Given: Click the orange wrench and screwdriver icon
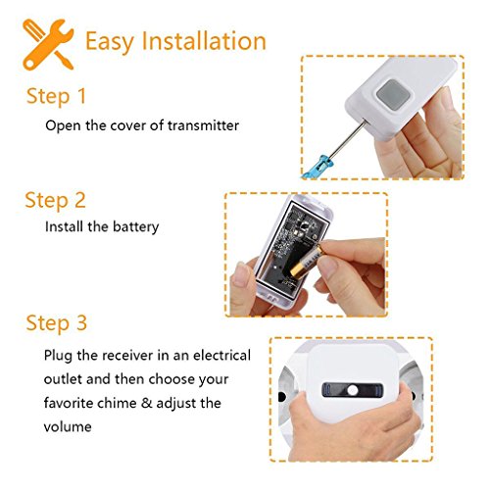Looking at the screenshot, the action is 48,44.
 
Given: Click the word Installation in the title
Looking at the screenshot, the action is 204,41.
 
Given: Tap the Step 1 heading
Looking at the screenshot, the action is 56,97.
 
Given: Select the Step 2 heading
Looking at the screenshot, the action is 56,201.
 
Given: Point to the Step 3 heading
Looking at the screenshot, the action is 57,323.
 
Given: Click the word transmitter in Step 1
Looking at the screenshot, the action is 203,125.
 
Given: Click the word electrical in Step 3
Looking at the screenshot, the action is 221,356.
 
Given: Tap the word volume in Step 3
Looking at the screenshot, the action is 68,427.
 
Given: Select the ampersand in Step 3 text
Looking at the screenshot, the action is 147,403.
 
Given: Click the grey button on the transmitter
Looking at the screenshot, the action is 393,95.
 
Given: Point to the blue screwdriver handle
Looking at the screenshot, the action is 316,168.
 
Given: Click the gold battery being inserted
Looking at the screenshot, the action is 306,263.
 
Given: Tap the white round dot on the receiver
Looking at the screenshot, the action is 353,390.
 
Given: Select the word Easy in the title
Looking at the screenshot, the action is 110,42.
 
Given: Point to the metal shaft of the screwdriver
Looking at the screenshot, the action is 347,138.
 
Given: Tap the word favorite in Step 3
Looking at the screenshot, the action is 67,403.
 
